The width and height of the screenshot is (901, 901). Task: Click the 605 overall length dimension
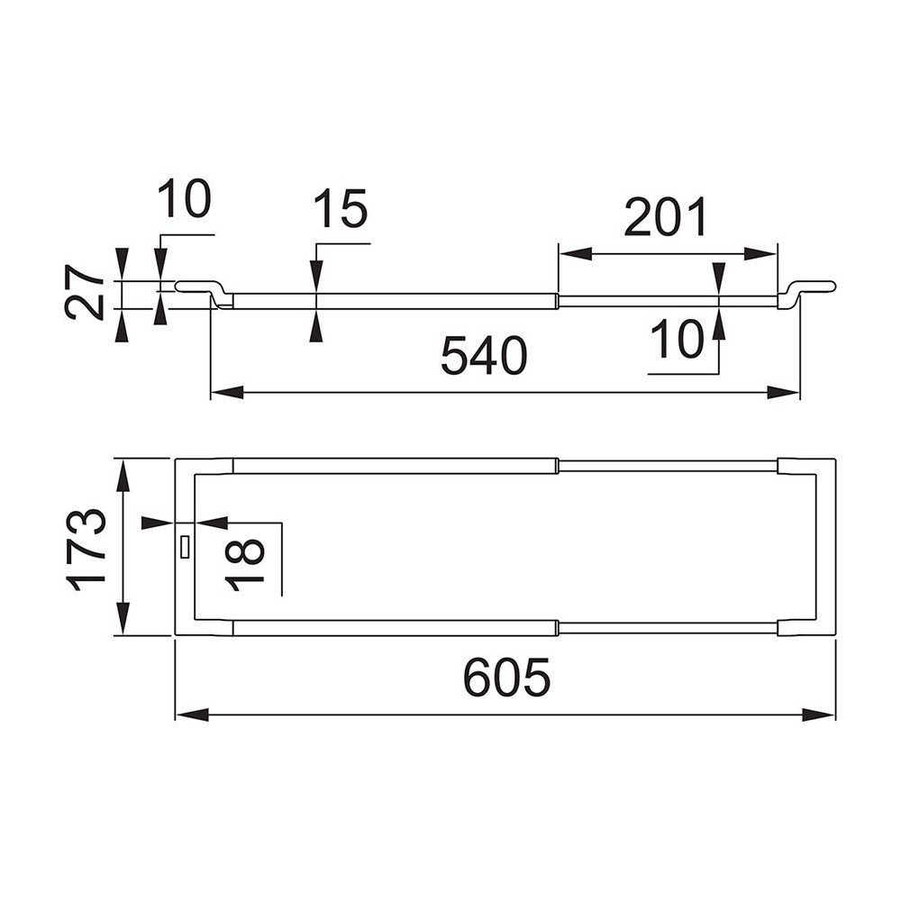506,678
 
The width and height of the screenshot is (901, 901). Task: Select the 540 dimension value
484,358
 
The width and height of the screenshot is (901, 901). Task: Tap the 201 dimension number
667,219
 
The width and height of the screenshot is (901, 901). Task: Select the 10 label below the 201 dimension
678,341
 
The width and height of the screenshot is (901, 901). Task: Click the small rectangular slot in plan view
185,547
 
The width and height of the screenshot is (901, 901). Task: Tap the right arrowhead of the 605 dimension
822,714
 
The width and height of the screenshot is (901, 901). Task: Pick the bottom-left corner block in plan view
205,628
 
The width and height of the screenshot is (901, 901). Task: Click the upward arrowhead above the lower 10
718,323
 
